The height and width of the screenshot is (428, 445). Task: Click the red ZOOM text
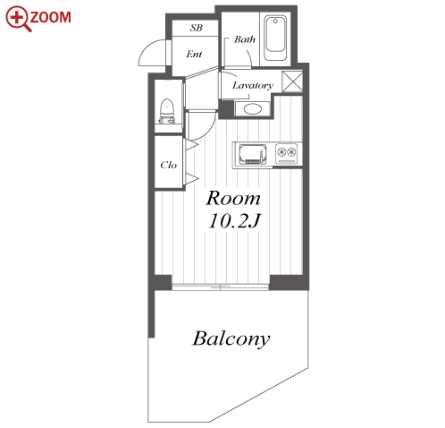[50, 17]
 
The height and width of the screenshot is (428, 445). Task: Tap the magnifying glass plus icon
[18, 19]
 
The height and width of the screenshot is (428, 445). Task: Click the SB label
[197, 28]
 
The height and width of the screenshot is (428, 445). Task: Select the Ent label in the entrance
[194, 54]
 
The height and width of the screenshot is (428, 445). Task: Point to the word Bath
[245, 39]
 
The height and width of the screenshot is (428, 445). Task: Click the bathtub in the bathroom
[275, 38]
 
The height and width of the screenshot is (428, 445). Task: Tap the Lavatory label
[253, 86]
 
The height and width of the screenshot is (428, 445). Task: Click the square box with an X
[292, 81]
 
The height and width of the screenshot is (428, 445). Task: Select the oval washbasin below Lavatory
[253, 108]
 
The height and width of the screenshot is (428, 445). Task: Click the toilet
[167, 111]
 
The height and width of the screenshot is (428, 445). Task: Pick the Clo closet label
[168, 165]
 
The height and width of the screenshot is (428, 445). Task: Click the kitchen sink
[252, 154]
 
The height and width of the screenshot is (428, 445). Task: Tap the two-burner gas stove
[286, 153]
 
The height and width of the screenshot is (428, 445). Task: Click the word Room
[233, 198]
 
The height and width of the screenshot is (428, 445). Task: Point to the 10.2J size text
[234, 221]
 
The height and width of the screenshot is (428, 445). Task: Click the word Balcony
[231, 338]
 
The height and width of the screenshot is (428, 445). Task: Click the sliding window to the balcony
[221, 287]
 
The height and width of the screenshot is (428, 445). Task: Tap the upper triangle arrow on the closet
[191, 145]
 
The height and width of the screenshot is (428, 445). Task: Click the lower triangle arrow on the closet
[191, 178]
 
